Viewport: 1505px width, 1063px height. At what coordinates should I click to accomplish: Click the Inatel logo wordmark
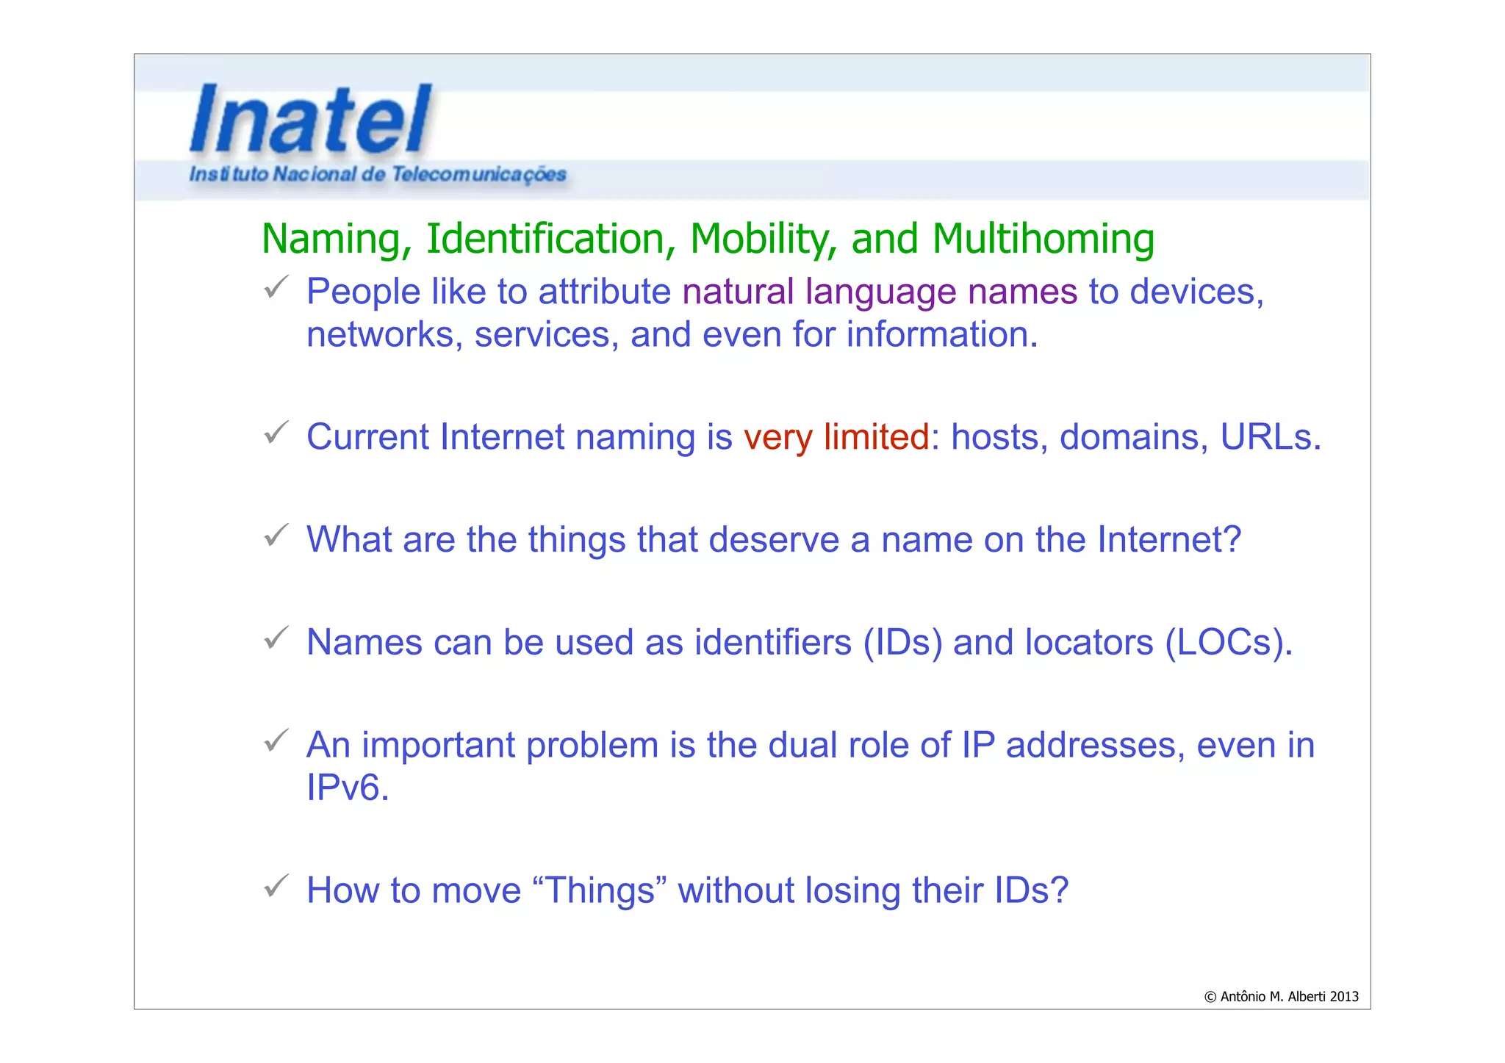[x=310, y=119]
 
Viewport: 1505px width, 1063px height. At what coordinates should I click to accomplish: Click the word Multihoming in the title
[x=1043, y=239]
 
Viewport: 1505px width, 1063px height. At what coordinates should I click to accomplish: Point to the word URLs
[x=1270, y=437]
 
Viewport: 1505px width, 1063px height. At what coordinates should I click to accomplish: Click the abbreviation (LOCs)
[x=1228, y=643]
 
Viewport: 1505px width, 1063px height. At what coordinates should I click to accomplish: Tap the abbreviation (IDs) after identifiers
[x=902, y=643]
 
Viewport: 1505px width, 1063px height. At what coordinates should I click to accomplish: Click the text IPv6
[x=348, y=788]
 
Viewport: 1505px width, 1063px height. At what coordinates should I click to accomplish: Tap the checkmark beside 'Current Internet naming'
[x=276, y=433]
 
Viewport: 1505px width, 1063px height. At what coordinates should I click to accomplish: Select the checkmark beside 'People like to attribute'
[x=276, y=287]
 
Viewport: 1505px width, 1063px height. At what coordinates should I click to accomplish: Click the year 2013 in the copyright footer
[x=1343, y=997]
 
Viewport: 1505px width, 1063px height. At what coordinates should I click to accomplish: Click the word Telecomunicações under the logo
[x=478, y=174]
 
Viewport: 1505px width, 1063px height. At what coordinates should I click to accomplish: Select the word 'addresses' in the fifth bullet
[x=1095, y=746]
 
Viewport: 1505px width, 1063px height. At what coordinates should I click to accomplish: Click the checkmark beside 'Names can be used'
[x=276, y=638]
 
